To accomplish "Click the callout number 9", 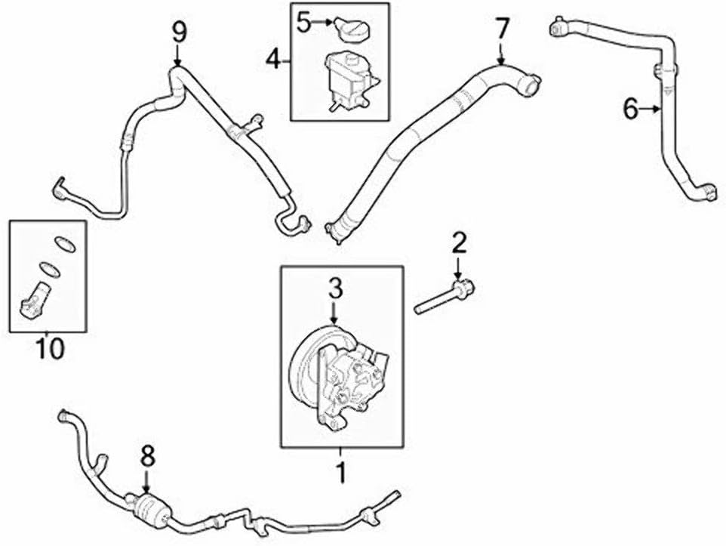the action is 178,31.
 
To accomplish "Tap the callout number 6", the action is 631,110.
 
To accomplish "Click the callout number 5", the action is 303,23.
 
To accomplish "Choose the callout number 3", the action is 335,288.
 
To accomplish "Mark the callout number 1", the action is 340,472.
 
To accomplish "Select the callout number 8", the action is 147,455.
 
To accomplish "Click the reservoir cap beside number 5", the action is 351,30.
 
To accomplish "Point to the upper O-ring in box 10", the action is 66,243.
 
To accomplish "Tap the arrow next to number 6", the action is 653,110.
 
